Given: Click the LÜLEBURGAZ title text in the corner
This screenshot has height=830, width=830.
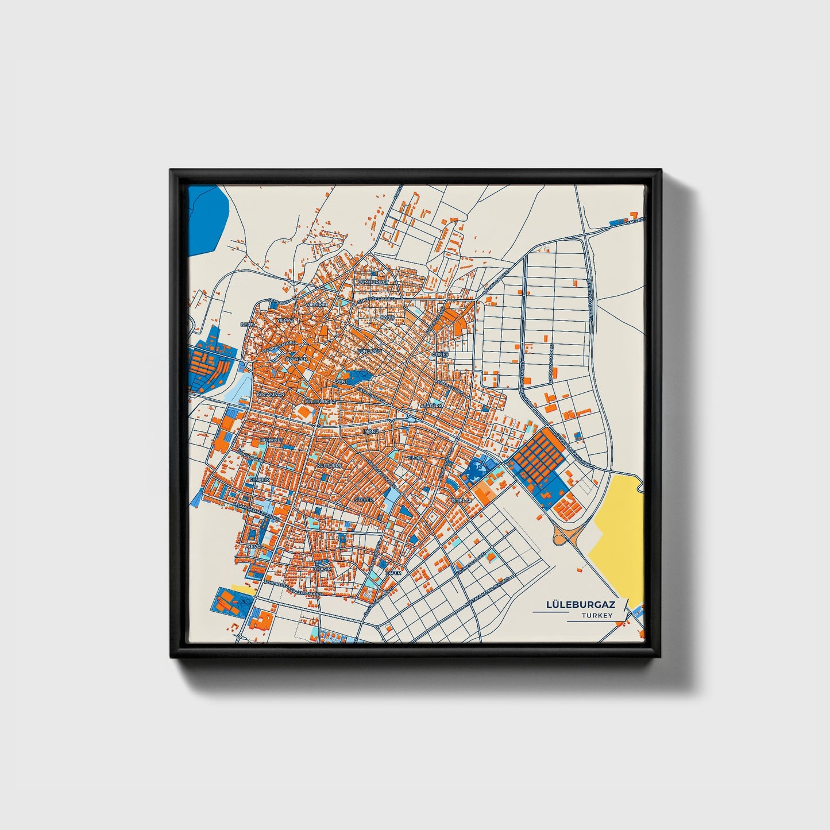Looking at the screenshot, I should click(581, 605).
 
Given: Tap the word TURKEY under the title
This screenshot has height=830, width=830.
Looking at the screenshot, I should click(597, 615).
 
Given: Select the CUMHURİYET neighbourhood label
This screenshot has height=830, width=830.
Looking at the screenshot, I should click(373, 283).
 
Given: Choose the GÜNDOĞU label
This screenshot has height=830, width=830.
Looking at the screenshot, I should click(369, 350).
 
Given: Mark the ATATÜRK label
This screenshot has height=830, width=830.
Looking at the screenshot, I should click(432, 406).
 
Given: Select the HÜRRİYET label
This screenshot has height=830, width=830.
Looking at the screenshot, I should click(272, 439).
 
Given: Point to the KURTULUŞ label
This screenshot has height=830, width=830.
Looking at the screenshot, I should click(330, 465).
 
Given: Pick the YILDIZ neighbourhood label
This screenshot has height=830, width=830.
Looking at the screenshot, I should click(414, 457).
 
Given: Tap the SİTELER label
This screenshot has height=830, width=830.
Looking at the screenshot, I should click(364, 500).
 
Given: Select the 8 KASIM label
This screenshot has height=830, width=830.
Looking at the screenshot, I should click(323, 568).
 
